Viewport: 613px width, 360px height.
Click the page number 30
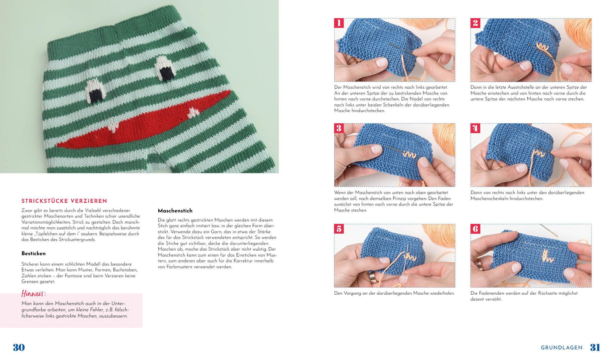19,348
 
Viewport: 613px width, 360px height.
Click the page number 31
595,348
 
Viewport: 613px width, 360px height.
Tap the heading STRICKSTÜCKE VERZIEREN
64,201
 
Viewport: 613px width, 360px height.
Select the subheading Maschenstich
175,211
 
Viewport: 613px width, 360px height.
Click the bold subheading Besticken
34,254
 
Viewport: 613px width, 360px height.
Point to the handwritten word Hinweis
34,294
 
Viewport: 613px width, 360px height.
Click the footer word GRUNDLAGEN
561,348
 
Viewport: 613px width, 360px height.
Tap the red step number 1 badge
339,23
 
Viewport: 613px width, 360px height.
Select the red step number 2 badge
475,23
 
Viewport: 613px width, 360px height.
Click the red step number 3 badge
339,128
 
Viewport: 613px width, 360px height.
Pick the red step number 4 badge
475,128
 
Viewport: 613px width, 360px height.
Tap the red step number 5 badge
339,229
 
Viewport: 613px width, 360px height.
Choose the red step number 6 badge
475,229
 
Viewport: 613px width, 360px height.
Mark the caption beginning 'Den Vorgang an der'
394,293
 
